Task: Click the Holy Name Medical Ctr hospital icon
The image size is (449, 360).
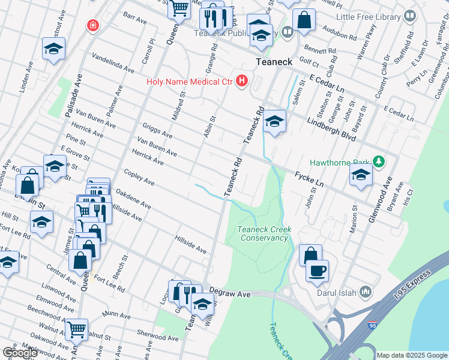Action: (x=242, y=80)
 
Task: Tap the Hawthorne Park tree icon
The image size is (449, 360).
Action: (x=378, y=161)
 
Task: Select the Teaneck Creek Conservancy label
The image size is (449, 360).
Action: (x=263, y=233)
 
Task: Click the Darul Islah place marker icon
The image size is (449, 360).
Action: (x=366, y=293)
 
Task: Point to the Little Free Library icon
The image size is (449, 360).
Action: (x=410, y=16)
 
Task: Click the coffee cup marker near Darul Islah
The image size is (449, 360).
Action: (x=317, y=269)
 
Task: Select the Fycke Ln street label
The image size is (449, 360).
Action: (x=309, y=179)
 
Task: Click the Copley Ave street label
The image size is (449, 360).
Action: (x=139, y=178)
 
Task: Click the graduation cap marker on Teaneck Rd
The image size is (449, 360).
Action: (x=274, y=121)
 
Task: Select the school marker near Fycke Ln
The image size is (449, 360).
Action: (x=360, y=175)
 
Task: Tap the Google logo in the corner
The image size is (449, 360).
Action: (x=20, y=353)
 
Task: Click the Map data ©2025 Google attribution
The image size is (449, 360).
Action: (x=412, y=355)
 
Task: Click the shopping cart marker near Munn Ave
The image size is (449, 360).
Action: (x=76, y=329)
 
